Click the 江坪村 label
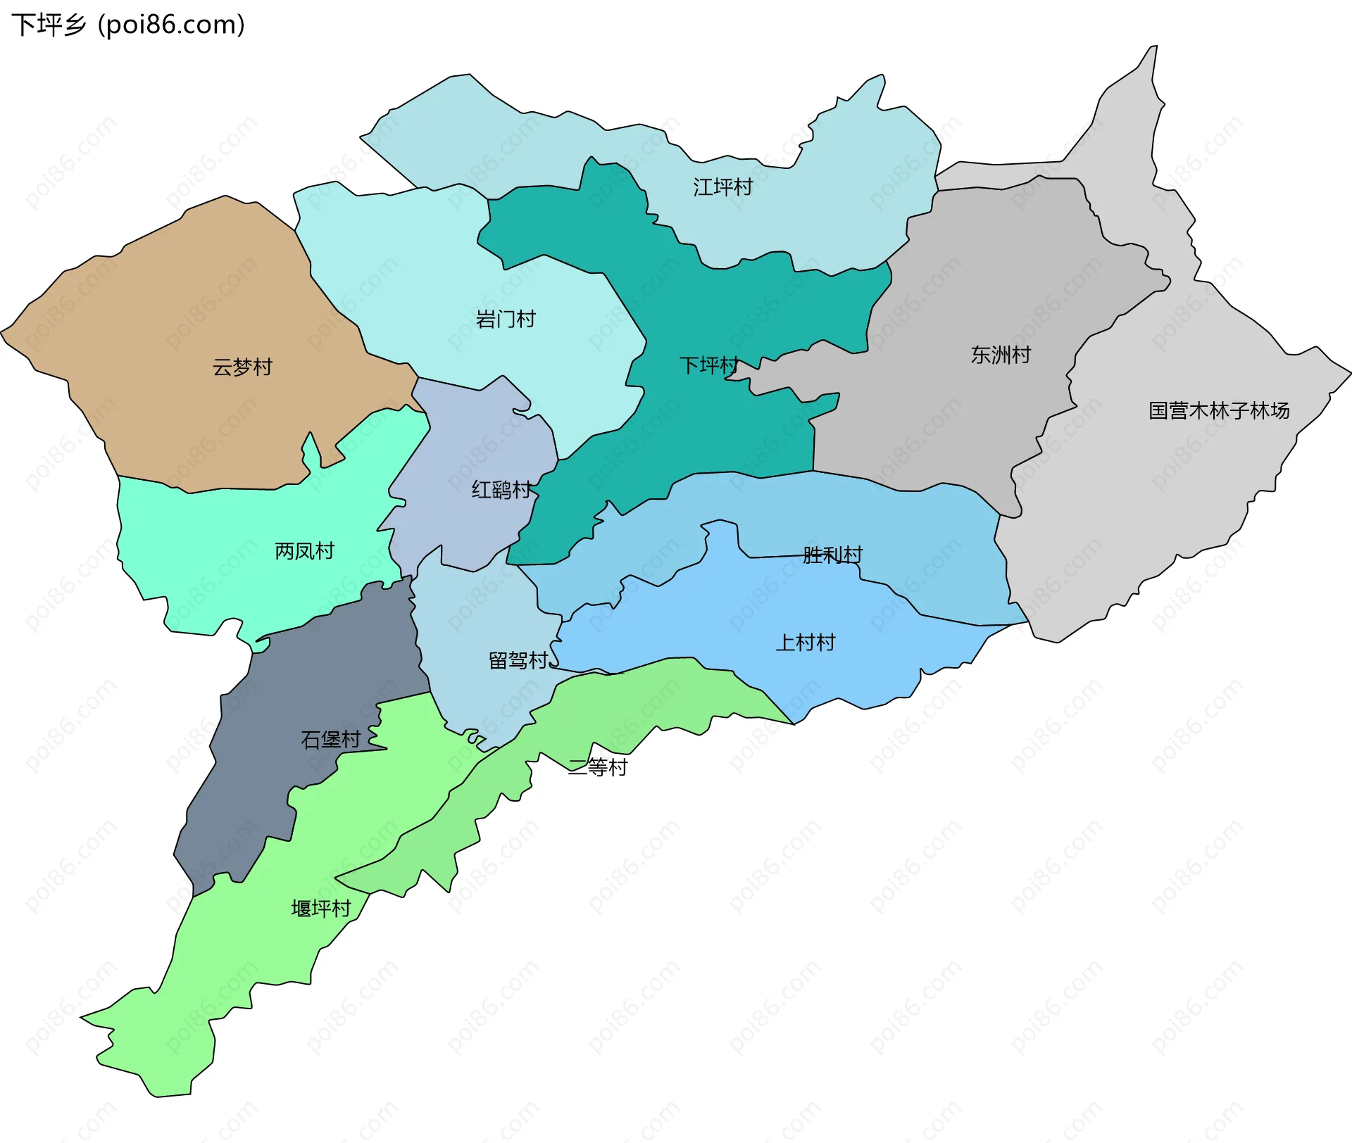(x=722, y=187)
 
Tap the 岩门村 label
(x=505, y=320)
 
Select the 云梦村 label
(x=242, y=367)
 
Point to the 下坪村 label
(x=708, y=365)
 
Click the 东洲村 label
(x=1000, y=355)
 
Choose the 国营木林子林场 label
(x=1218, y=411)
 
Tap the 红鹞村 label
(x=501, y=490)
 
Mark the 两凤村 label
(x=304, y=551)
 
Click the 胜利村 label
(x=832, y=555)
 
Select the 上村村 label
(x=805, y=643)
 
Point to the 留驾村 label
(x=518, y=661)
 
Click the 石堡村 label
(x=330, y=740)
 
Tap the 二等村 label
(x=597, y=767)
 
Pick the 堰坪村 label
(x=320, y=909)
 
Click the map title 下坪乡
(x=48, y=25)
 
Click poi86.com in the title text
(x=171, y=25)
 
